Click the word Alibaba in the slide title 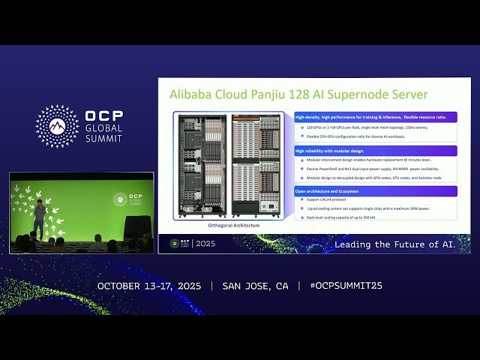[x=191, y=94]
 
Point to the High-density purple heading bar [x=375, y=117]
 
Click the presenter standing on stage [x=39, y=217]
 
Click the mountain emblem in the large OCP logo [x=57, y=126]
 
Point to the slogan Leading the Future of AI [x=394, y=244]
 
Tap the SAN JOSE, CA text [x=255, y=286]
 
